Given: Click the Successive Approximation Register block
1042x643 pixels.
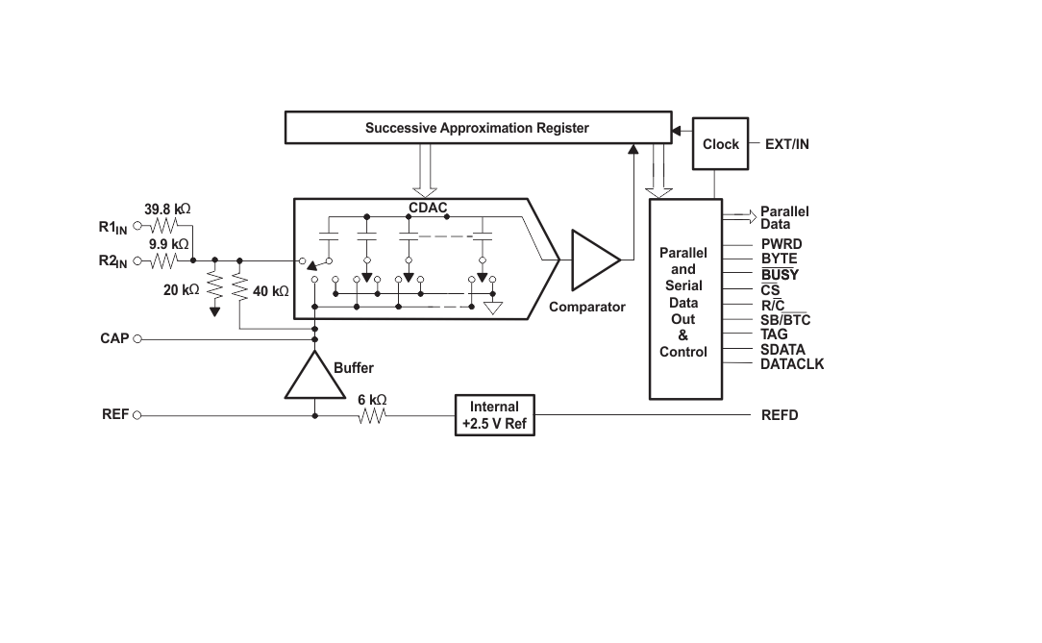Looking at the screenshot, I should point(477,128).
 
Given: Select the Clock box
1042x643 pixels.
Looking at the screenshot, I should point(720,144).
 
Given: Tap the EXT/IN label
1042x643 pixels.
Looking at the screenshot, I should point(786,144).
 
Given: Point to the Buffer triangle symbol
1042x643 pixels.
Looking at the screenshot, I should point(314,377).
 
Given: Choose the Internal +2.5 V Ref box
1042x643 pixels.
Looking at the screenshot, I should point(494,415).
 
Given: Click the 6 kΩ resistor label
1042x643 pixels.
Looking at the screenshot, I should point(371,400).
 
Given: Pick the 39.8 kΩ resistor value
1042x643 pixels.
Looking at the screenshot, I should point(166,209).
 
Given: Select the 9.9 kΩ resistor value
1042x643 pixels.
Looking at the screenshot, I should point(168,244).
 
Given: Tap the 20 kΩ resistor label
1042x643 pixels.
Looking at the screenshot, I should point(181,289).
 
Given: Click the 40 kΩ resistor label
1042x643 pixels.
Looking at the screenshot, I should point(270,289).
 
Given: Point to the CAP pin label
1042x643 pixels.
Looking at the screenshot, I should point(114,338).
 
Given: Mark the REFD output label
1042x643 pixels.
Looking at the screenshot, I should point(780,415).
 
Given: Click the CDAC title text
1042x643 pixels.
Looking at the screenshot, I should point(428,207).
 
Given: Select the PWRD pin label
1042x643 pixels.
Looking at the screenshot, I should point(781,244).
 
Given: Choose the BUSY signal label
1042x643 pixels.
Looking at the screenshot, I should point(780,275).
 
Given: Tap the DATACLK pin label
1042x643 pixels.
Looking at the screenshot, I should point(791,364).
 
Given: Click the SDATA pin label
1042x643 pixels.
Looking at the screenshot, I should point(782,350).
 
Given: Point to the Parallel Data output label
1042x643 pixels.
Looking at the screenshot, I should point(784,217).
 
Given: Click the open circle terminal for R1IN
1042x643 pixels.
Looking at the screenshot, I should point(136,226).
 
